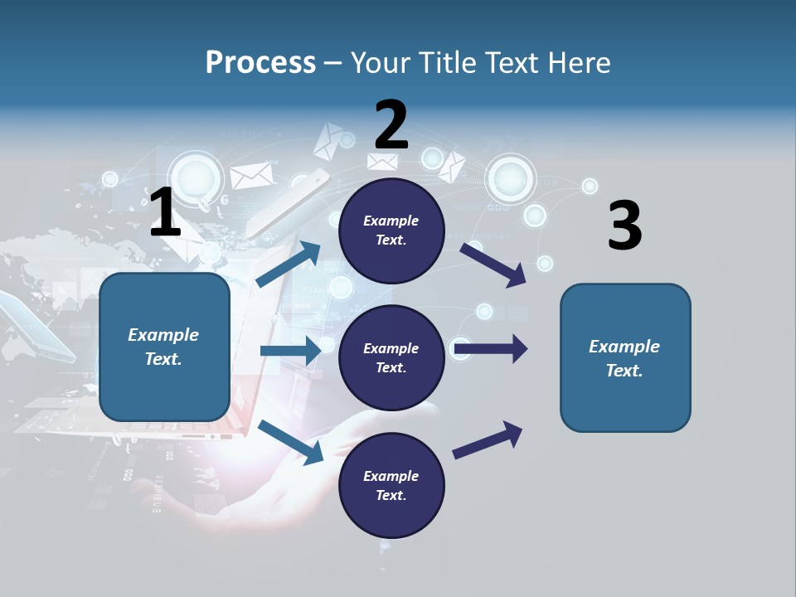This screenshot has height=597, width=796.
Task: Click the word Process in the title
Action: tap(260, 63)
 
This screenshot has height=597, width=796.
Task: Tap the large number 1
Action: tap(165, 213)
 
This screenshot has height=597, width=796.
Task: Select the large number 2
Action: tap(391, 125)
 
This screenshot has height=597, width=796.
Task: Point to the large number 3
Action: tap(624, 226)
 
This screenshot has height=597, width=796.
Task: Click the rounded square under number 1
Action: tap(164, 347)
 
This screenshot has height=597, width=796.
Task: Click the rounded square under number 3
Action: tap(625, 357)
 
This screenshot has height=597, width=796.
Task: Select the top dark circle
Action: tap(391, 231)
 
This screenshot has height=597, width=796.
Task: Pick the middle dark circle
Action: tap(391, 357)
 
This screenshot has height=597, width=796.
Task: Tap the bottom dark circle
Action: tap(391, 485)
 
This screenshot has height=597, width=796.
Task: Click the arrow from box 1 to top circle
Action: tap(289, 264)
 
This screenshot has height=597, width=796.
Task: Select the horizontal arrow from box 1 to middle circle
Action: tap(290, 351)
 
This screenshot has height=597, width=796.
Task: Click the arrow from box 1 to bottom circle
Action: tap(290, 442)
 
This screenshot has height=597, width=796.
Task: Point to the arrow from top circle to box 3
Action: tap(493, 265)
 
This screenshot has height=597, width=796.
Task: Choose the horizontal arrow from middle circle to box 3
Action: tap(491, 348)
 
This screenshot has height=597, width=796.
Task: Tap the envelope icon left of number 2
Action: tap(328, 141)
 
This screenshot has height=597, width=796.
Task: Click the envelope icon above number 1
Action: tap(251, 175)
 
